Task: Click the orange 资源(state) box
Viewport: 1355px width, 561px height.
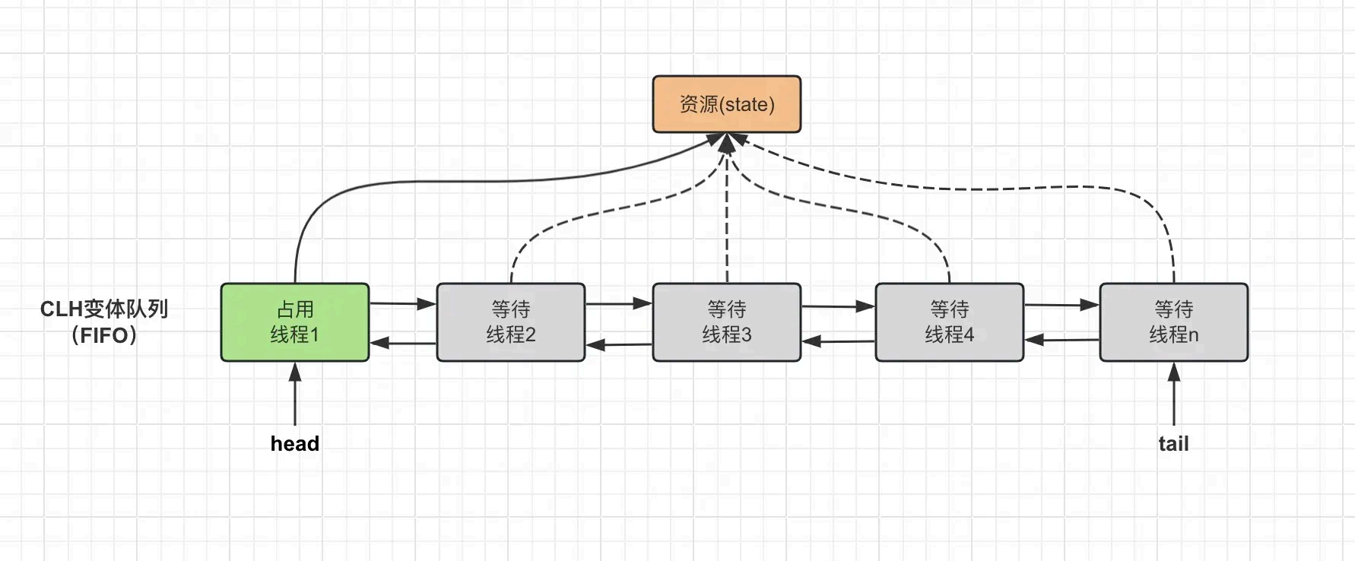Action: click(726, 104)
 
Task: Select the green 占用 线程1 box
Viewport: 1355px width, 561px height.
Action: click(295, 322)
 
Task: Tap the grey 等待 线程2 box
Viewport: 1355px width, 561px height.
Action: click(510, 322)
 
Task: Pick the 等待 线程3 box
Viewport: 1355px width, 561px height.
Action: click(726, 322)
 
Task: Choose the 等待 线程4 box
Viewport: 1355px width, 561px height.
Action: click(949, 322)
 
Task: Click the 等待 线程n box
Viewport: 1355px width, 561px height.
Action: click(1173, 322)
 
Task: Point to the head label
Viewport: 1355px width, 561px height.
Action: click(295, 444)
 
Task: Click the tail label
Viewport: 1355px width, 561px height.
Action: click(1173, 444)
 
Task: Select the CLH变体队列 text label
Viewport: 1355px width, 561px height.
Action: click(104, 309)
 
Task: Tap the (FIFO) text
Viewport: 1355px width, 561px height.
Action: click(104, 335)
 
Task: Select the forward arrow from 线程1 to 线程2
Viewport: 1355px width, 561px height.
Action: click(402, 304)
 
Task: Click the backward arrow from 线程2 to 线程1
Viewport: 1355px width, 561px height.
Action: click(402, 344)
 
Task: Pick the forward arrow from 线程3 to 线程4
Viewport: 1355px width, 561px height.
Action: click(837, 306)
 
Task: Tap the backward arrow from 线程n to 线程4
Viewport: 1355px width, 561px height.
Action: click(1061, 341)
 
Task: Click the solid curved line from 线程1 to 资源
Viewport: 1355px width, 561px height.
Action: click(456, 182)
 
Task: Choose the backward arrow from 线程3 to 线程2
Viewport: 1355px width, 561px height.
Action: click(619, 345)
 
